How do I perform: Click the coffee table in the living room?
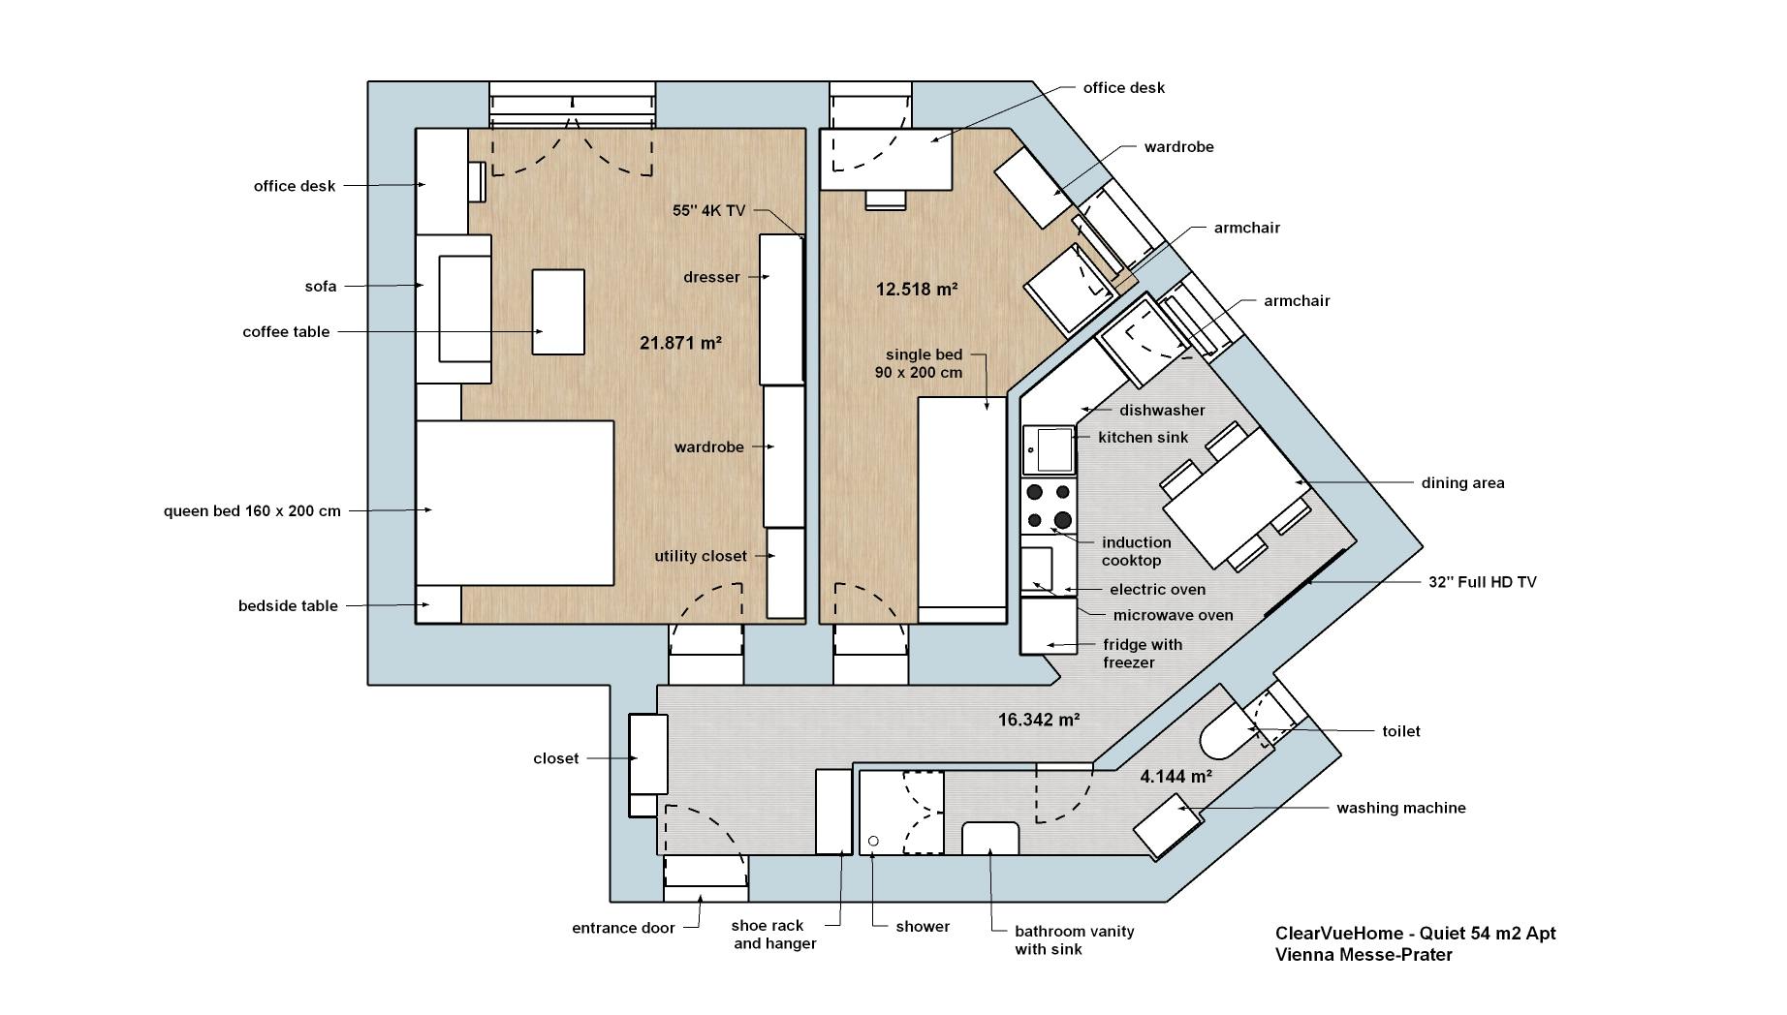click(x=558, y=312)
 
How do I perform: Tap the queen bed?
click(x=515, y=503)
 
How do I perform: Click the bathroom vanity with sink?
click(x=990, y=839)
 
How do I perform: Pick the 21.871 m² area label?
click(x=680, y=342)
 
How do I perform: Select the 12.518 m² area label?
click(x=917, y=289)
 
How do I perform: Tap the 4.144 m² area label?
click(x=1176, y=776)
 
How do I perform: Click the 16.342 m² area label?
click(x=1039, y=720)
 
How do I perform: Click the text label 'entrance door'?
click(x=623, y=928)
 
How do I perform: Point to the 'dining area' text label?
click(x=1462, y=483)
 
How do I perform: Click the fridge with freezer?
click(x=1049, y=625)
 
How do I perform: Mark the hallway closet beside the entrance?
click(x=648, y=754)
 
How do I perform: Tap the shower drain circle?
click(x=873, y=841)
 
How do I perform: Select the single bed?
click(x=962, y=509)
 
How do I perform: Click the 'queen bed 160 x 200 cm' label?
click(x=252, y=510)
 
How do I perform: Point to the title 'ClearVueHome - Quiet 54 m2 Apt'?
click(x=1415, y=933)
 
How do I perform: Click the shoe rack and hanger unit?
click(x=833, y=812)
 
